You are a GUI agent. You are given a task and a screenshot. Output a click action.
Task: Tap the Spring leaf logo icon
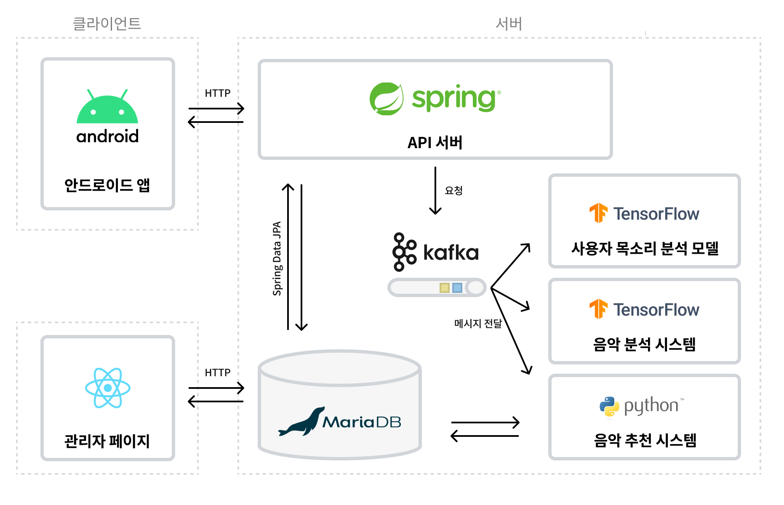tap(387, 99)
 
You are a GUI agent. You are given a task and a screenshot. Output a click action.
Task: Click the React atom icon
tap(108, 388)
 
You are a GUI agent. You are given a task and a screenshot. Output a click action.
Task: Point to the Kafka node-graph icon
tap(404, 252)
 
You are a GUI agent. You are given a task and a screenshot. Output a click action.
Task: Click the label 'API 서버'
tap(435, 143)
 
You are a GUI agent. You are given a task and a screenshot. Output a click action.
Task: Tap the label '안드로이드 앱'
tap(107, 185)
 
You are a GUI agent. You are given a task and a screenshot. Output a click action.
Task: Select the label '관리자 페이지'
tap(107, 441)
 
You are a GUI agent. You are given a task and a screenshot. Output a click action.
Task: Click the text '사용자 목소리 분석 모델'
tap(645, 248)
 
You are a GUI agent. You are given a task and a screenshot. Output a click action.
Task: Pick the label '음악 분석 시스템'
tap(645, 344)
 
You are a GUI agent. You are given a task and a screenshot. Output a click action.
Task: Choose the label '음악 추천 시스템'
tap(645, 440)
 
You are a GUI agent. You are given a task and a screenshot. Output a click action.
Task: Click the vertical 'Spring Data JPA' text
tap(277, 258)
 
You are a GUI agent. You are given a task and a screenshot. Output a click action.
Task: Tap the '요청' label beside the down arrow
tap(454, 191)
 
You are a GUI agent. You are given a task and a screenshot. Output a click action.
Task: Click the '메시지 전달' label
tap(478, 323)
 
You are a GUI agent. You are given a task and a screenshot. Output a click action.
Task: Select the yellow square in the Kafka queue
tap(445, 288)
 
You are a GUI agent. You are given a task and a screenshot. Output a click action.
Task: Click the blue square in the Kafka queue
tap(457, 288)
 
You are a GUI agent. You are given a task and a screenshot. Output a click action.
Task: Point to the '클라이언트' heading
tap(107, 24)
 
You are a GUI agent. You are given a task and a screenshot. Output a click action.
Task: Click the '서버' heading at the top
tap(509, 24)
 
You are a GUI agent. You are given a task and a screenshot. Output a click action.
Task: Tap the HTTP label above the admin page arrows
tap(218, 372)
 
